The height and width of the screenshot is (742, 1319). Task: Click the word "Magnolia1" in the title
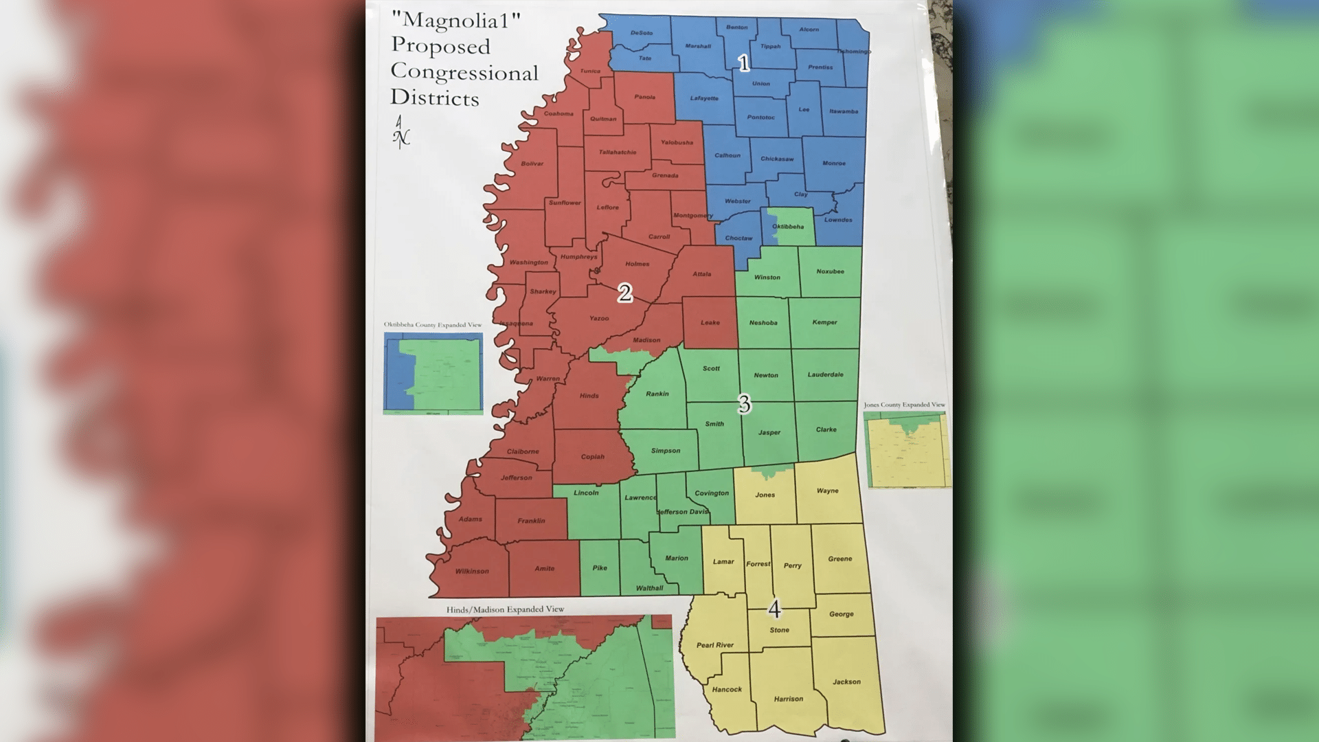(x=455, y=20)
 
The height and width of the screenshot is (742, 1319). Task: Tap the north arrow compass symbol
(x=401, y=131)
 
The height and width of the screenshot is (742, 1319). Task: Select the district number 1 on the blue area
(x=743, y=63)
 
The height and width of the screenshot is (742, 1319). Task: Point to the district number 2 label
(x=624, y=293)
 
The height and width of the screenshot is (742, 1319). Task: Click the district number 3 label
(x=744, y=404)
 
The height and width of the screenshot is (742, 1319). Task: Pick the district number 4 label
(x=774, y=609)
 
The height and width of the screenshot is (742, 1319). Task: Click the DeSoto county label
(x=641, y=33)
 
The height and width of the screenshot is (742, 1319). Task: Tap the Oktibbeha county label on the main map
(x=787, y=227)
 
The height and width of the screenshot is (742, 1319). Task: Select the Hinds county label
(x=589, y=396)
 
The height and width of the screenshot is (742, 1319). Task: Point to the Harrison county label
(x=788, y=699)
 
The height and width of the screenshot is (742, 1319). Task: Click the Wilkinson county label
(x=472, y=572)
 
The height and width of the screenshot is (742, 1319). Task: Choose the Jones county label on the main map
(x=765, y=495)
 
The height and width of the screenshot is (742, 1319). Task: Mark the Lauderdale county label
(x=825, y=374)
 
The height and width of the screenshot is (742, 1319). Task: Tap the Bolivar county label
(x=532, y=164)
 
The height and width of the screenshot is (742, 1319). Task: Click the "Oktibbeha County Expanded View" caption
(x=433, y=325)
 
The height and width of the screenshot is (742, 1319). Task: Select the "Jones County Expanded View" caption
(x=904, y=405)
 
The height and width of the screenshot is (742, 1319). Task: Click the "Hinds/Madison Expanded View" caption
(x=505, y=609)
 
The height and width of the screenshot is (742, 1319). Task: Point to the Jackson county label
(x=846, y=682)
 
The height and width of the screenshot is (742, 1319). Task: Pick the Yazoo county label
(x=599, y=318)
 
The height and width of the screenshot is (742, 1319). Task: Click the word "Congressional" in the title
(x=464, y=72)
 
